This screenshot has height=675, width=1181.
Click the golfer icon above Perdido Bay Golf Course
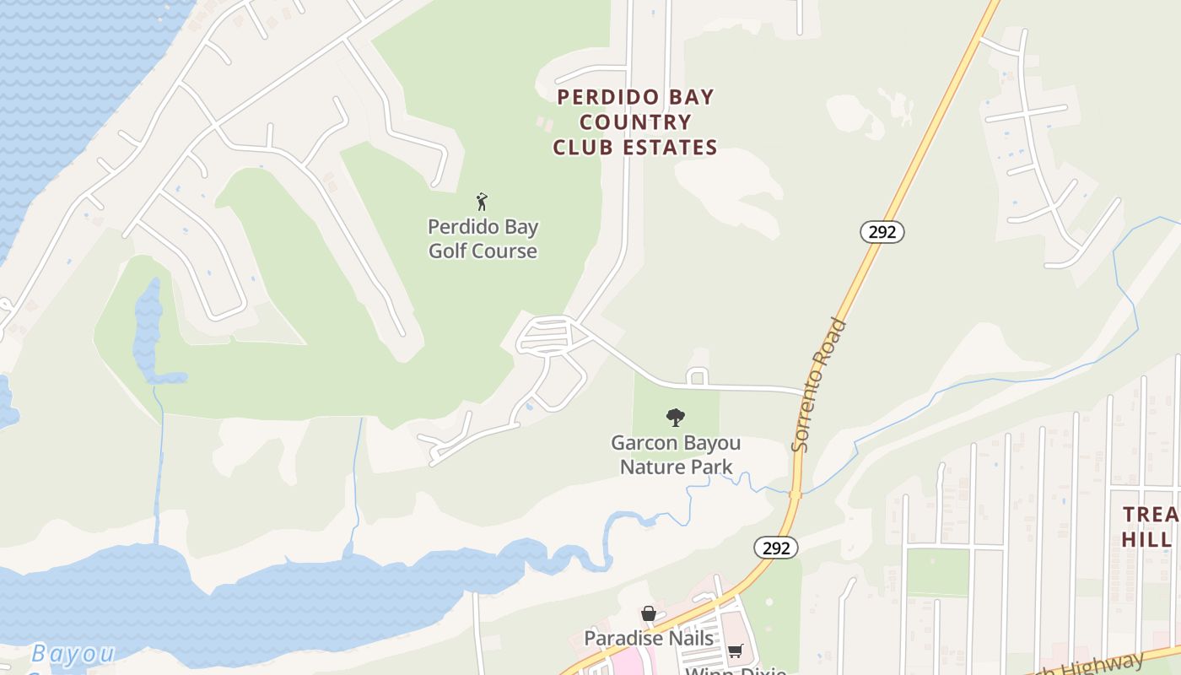[482, 202]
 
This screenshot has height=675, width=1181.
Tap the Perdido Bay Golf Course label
[483, 239]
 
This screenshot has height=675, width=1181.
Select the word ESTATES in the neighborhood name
[671, 148]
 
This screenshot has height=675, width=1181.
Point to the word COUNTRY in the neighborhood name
[634, 122]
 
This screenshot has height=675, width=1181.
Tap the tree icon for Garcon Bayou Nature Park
[675, 417]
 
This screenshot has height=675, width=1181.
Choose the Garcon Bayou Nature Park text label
[676, 455]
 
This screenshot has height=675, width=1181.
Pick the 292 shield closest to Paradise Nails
[775, 548]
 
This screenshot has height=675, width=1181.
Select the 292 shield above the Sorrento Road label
[882, 232]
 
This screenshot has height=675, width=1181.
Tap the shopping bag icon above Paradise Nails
[648, 614]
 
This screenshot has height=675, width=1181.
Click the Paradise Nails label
[649, 639]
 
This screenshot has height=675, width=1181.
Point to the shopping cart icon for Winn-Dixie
[735, 651]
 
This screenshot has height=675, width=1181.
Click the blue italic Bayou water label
[73, 654]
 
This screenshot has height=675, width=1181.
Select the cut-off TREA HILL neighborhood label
[1151, 526]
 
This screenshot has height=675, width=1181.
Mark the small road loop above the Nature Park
[697, 376]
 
